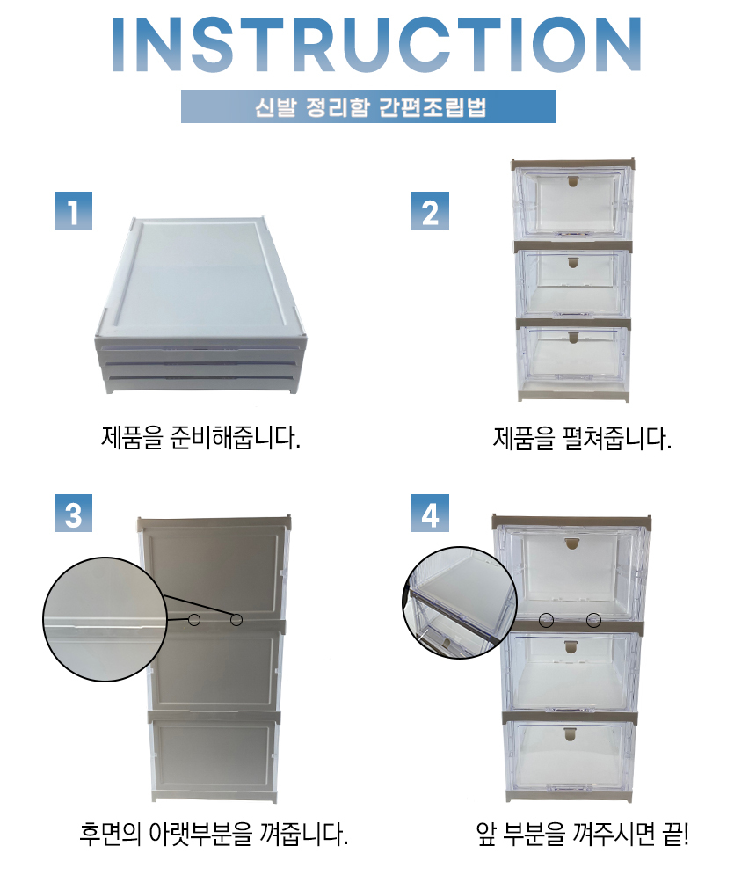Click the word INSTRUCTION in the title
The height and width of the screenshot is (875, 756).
(376, 44)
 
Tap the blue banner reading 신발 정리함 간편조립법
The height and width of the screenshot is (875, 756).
(368, 106)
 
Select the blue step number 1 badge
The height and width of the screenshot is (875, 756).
(73, 210)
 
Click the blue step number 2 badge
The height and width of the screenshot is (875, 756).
(430, 210)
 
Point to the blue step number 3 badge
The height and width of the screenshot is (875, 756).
(73, 513)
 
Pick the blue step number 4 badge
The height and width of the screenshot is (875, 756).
(430, 513)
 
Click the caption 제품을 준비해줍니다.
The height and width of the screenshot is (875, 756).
(200, 438)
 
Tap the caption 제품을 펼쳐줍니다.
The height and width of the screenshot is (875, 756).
(582, 438)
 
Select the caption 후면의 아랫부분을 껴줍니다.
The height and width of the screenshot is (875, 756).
(214, 834)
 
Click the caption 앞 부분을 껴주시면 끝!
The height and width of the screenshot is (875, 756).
(583, 834)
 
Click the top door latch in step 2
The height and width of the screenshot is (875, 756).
(573, 181)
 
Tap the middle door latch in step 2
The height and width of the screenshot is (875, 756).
(573, 262)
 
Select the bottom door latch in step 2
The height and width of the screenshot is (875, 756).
(573, 337)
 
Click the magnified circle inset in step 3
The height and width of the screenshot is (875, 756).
(105, 619)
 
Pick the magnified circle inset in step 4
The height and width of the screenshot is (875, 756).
(460, 602)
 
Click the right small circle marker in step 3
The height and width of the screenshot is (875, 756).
(236, 619)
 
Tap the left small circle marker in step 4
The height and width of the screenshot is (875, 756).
(546, 620)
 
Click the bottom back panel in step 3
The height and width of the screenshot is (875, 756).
(214, 756)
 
